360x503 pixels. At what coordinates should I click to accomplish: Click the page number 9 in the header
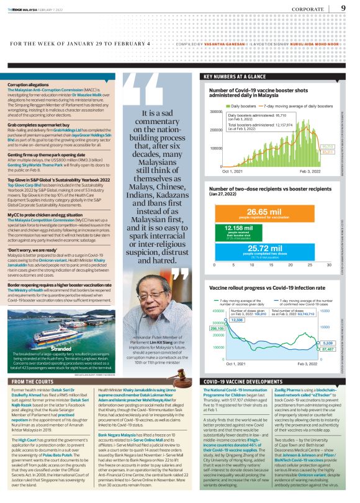343,8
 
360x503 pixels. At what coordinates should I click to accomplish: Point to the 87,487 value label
328,349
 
